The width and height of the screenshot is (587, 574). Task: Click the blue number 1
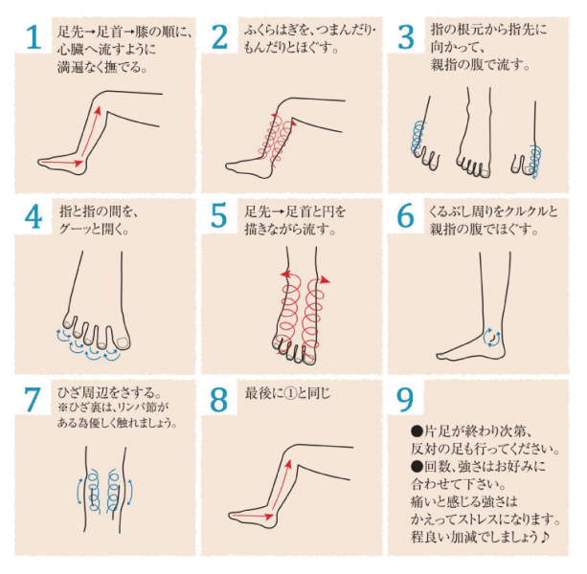pos(34,37)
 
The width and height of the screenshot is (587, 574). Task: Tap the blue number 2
pos(219,37)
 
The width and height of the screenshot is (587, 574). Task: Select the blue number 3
pos(406,37)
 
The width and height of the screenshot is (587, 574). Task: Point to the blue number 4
pos(34,217)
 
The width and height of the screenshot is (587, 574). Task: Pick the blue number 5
pos(219,216)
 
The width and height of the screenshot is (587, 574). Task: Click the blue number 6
pos(405,216)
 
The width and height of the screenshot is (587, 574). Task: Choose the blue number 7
pos(33,400)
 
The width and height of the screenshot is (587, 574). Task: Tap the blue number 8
pos(218,400)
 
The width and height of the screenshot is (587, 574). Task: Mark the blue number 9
pos(405,400)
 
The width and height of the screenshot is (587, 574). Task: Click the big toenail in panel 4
pos(123,342)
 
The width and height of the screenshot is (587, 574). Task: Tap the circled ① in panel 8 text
pos(290,394)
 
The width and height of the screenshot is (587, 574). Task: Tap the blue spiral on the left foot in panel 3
pos(418,138)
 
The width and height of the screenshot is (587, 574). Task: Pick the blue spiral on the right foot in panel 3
pos(535,161)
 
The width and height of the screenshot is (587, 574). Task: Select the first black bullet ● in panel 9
pos(417,431)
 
